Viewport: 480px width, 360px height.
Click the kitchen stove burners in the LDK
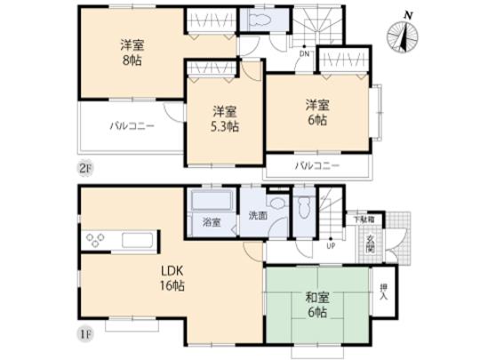click(95, 238)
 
